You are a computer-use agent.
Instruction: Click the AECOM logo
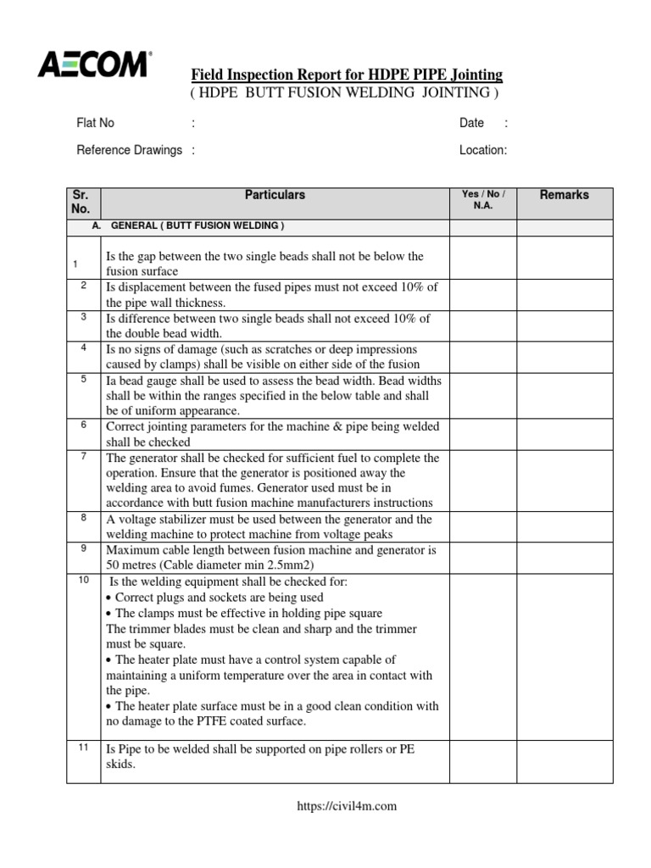pos(94,64)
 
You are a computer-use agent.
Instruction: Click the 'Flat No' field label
pos(95,123)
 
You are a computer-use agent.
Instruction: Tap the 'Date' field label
pos(471,123)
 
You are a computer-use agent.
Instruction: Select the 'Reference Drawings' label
pos(130,150)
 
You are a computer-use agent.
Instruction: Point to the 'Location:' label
pos(483,150)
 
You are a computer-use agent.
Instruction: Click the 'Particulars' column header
pos(275,195)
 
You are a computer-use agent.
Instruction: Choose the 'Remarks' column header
pos(564,195)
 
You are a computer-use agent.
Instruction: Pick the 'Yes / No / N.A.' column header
pos(482,200)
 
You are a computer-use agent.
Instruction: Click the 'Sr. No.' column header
pos(81,201)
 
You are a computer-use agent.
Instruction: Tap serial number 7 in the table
pos(84,457)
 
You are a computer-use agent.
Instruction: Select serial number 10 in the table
pos(83,579)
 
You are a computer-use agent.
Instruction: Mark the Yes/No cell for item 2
pos(482,295)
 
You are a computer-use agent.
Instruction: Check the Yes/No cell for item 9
pos(482,558)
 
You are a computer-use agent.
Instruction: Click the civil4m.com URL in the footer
pos(347,806)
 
